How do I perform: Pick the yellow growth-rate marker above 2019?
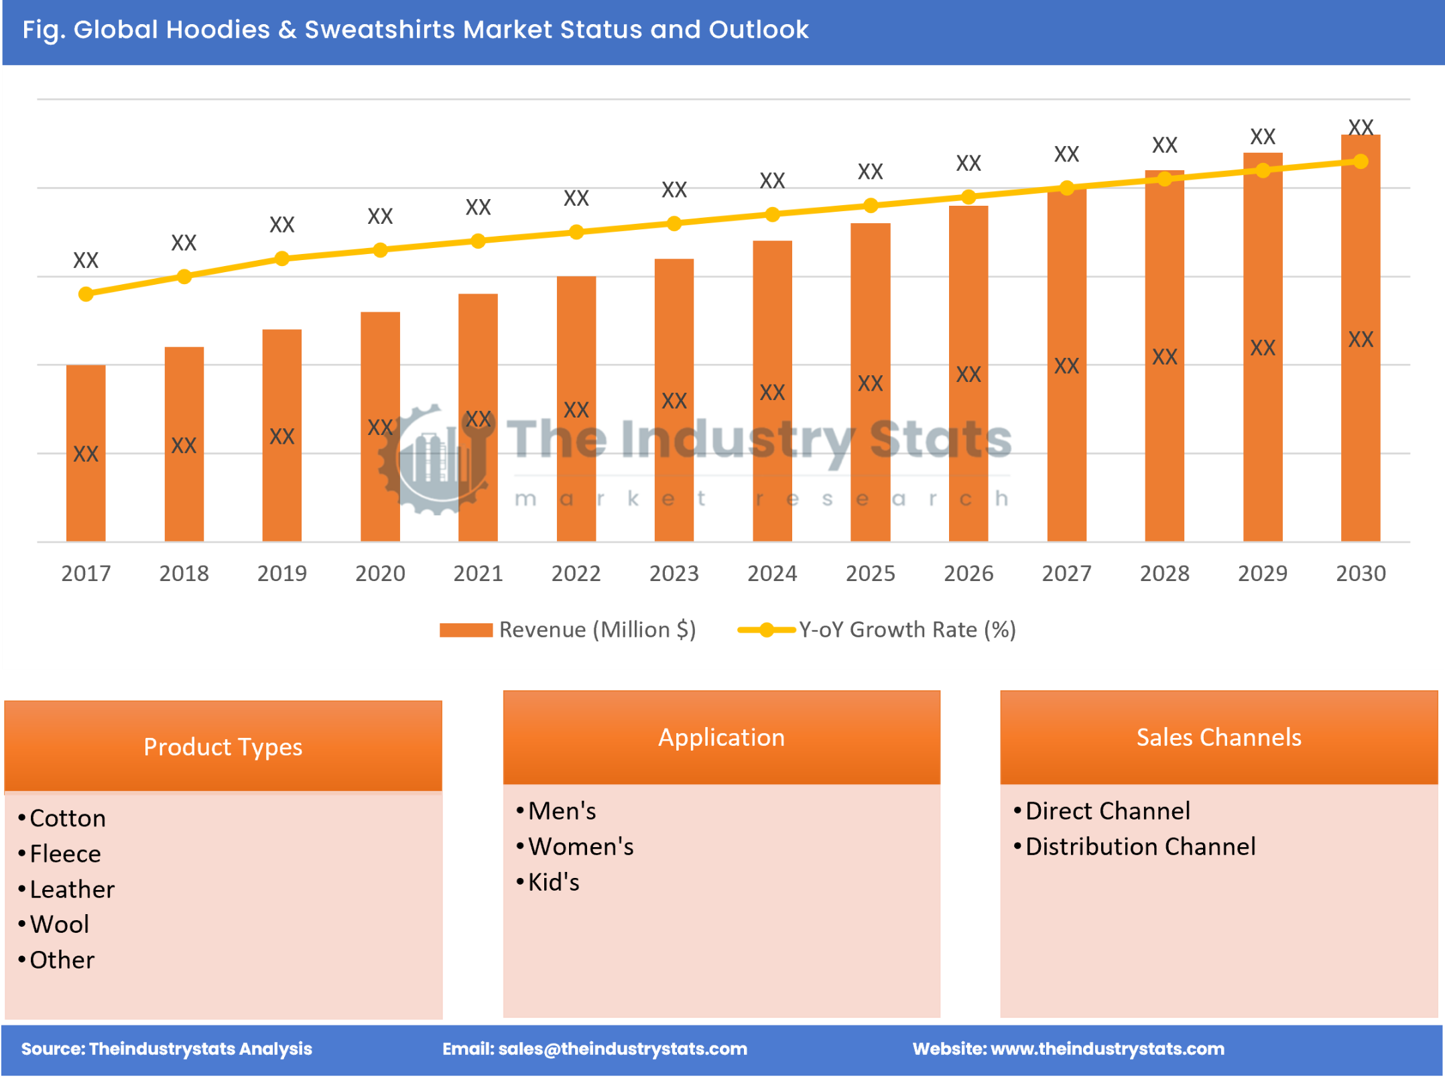tap(282, 259)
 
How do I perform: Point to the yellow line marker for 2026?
tap(968, 197)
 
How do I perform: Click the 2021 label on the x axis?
tap(478, 573)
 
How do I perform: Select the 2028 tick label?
tap(1164, 573)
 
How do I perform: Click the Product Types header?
tap(223, 746)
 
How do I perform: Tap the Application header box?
tap(721, 737)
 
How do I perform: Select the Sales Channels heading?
tap(1218, 737)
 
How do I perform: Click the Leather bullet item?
tap(72, 889)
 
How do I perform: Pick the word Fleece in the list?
tap(65, 853)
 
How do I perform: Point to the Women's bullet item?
tap(580, 846)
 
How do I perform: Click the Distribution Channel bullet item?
tap(1140, 846)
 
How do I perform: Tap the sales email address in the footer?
tap(623, 1048)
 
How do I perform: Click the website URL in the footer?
tap(1107, 1048)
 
